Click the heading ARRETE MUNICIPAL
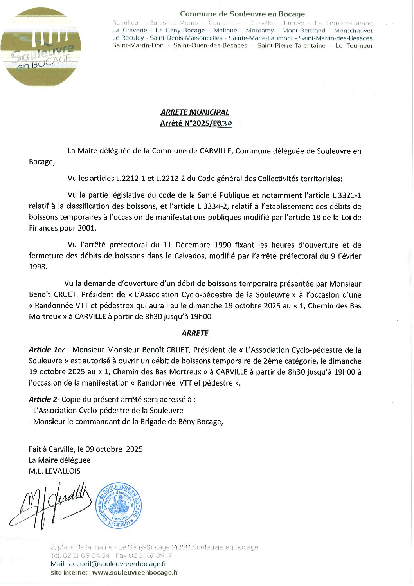pyautogui.click(x=195, y=112)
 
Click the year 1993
pyautogui.click(x=38, y=267)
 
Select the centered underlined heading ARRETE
pyautogui.click(x=195, y=333)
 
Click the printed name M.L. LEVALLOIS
pyautogui.click(x=54, y=471)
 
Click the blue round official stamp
pyautogui.click(x=119, y=505)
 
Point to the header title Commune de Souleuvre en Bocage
pyautogui.click(x=242, y=14)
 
